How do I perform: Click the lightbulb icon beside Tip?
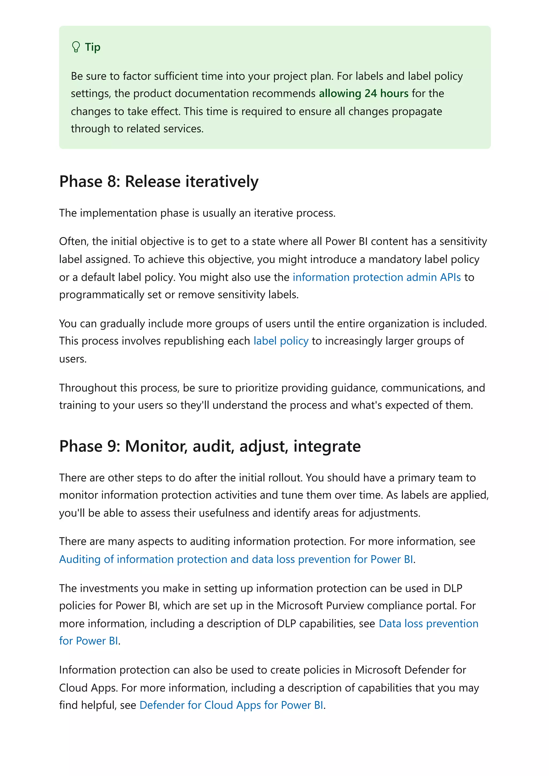(x=76, y=47)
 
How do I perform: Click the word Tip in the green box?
(x=92, y=47)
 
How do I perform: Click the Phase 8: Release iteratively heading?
(x=159, y=182)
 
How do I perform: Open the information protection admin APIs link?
(x=376, y=277)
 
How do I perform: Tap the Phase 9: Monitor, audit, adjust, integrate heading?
(x=210, y=446)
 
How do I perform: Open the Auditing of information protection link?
(x=236, y=559)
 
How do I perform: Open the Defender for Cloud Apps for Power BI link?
(x=231, y=705)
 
